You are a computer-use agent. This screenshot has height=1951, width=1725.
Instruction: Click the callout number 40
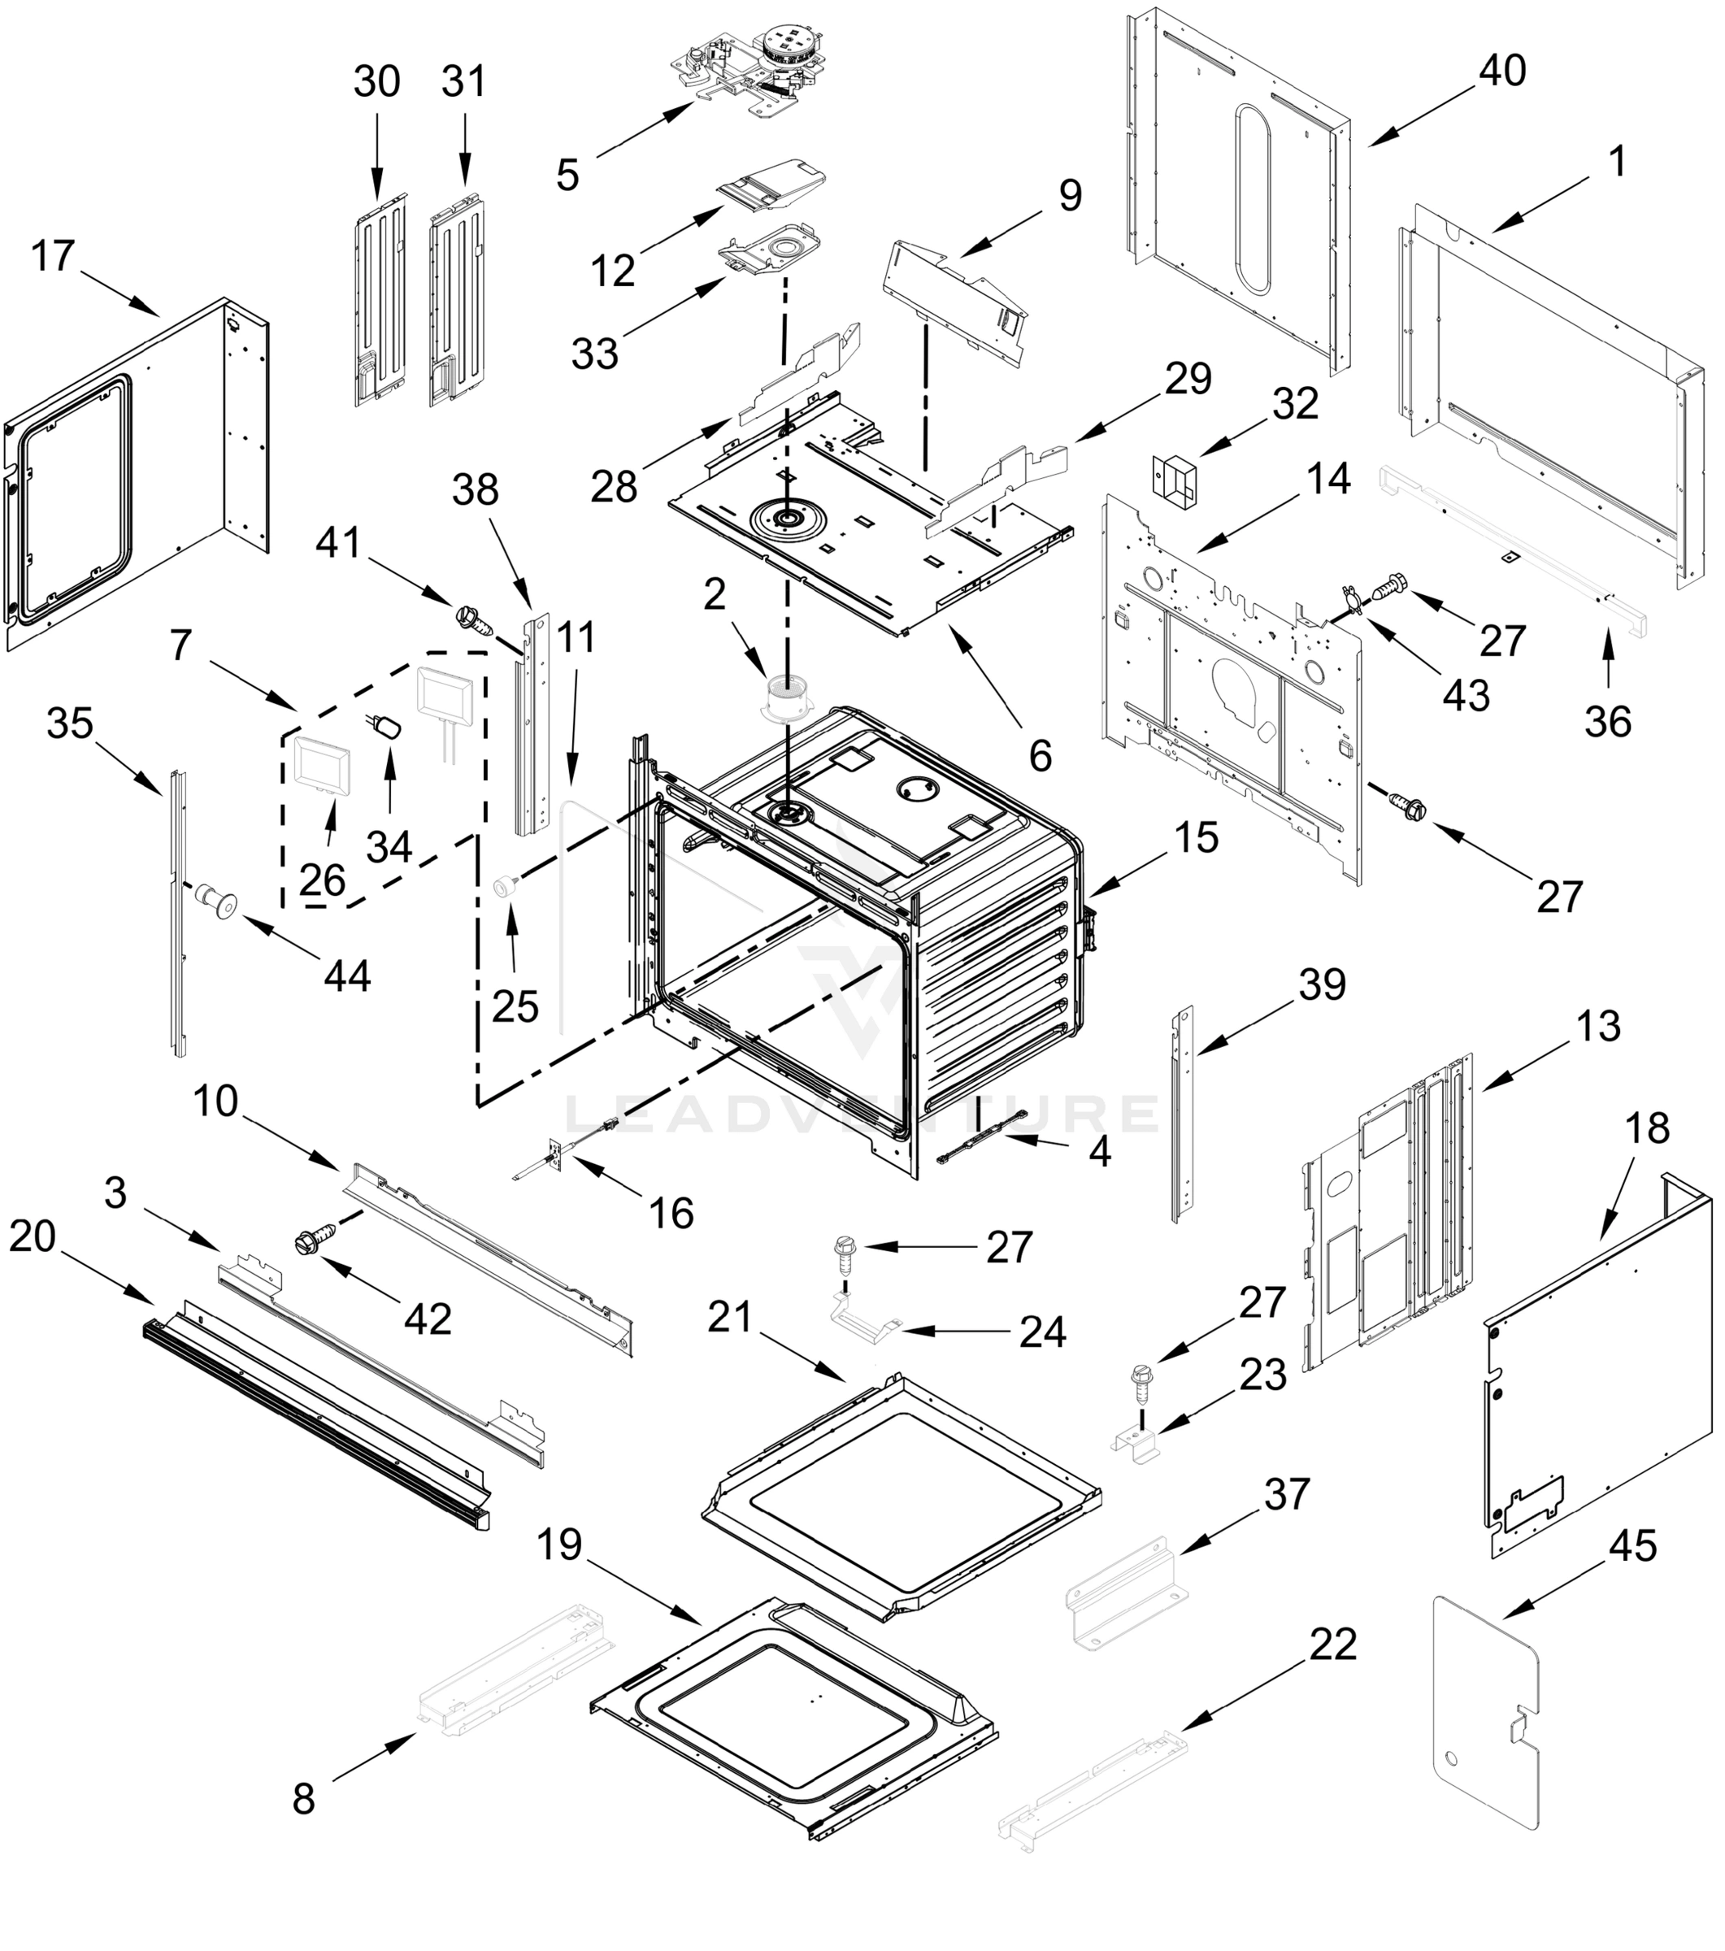coord(1502,71)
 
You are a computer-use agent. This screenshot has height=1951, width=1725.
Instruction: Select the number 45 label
coord(1632,1546)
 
